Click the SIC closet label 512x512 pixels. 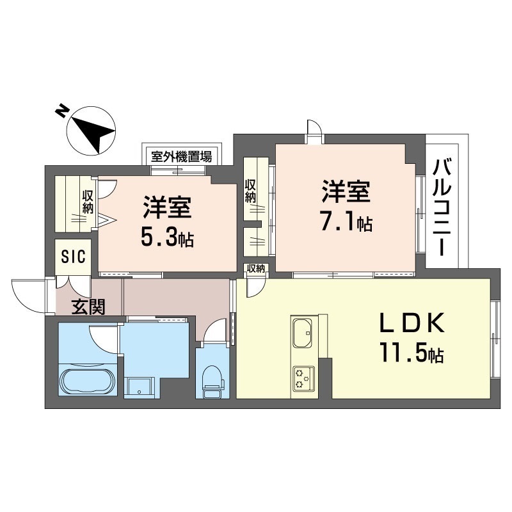coord(74,256)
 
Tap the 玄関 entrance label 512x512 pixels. coord(88,307)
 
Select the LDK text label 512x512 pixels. coord(412,323)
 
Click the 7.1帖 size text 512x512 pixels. coord(346,223)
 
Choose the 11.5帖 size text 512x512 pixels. coord(412,353)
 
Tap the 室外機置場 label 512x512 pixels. coord(181,157)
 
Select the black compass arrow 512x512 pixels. coord(93,134)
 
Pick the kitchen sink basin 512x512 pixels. coord(302,333)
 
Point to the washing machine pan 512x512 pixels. coord(139,387)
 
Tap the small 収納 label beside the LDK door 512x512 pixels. coord(255,268)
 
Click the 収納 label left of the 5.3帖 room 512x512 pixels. coord(88,202)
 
